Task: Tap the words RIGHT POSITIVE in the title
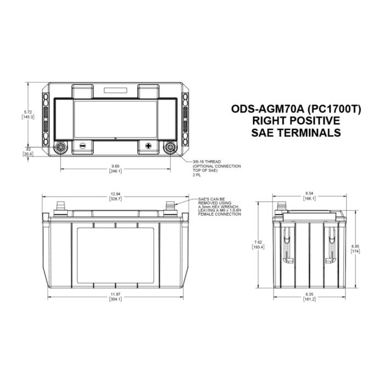296,121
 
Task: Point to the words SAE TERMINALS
296,133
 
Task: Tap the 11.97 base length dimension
115,297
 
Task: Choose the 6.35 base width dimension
310,297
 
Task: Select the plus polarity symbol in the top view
148,146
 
